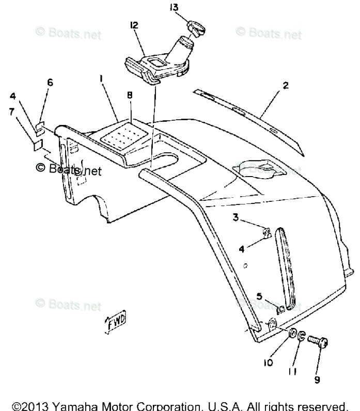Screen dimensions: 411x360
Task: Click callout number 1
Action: tap(101, 78)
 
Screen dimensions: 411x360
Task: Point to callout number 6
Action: tap(50, 82)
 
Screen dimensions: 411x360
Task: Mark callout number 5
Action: tap(259, 295)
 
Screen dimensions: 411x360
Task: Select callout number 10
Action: tap(268, 363)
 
